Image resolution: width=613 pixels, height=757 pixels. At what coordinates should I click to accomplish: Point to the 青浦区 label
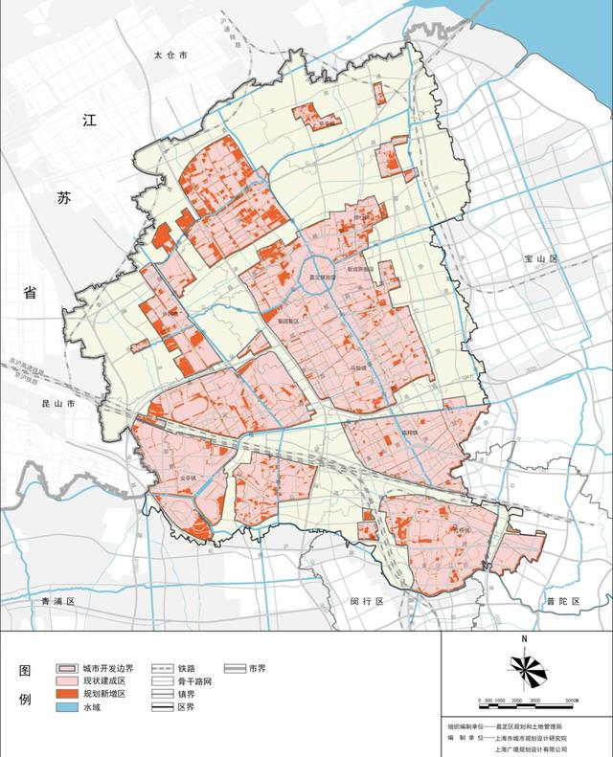click(x=57, y=601)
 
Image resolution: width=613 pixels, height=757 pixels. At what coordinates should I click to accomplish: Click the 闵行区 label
click(x=366, y=601)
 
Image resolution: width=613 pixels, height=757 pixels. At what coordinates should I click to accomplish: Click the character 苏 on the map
click(x=63, y=199)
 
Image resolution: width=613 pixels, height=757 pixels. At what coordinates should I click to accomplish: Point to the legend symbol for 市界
click(x=233, y=668)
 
